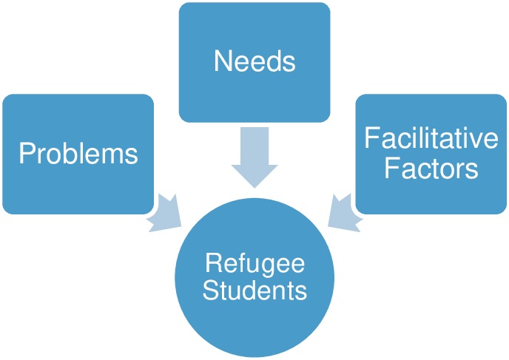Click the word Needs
tap(254, 61)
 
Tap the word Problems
tap(78, 153)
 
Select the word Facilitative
tap(431, 139)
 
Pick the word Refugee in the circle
tap(254, 263)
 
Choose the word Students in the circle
tap(254, 291)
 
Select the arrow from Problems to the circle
tap(166, 213)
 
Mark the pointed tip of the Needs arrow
tap(254, 186)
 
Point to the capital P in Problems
tap(26, 153)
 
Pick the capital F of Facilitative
tap(371, 139)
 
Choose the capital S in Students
tap(210, 291)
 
